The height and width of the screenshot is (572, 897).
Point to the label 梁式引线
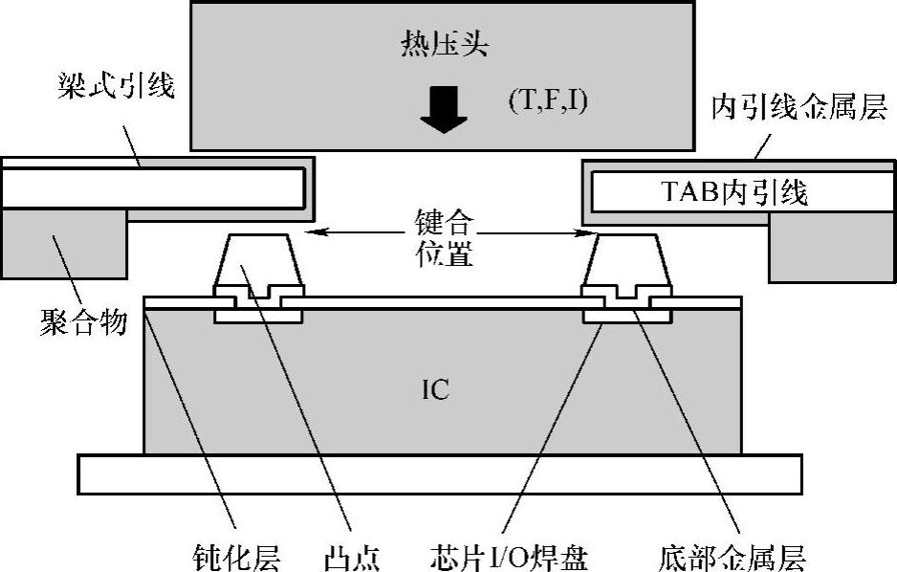click(x=115, y=88)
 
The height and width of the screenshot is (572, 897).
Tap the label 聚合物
click(x=83, y=321)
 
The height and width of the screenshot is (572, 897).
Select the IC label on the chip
click(x=435, y=389)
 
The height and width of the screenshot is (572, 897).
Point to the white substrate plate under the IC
click(x=439, y=474)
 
